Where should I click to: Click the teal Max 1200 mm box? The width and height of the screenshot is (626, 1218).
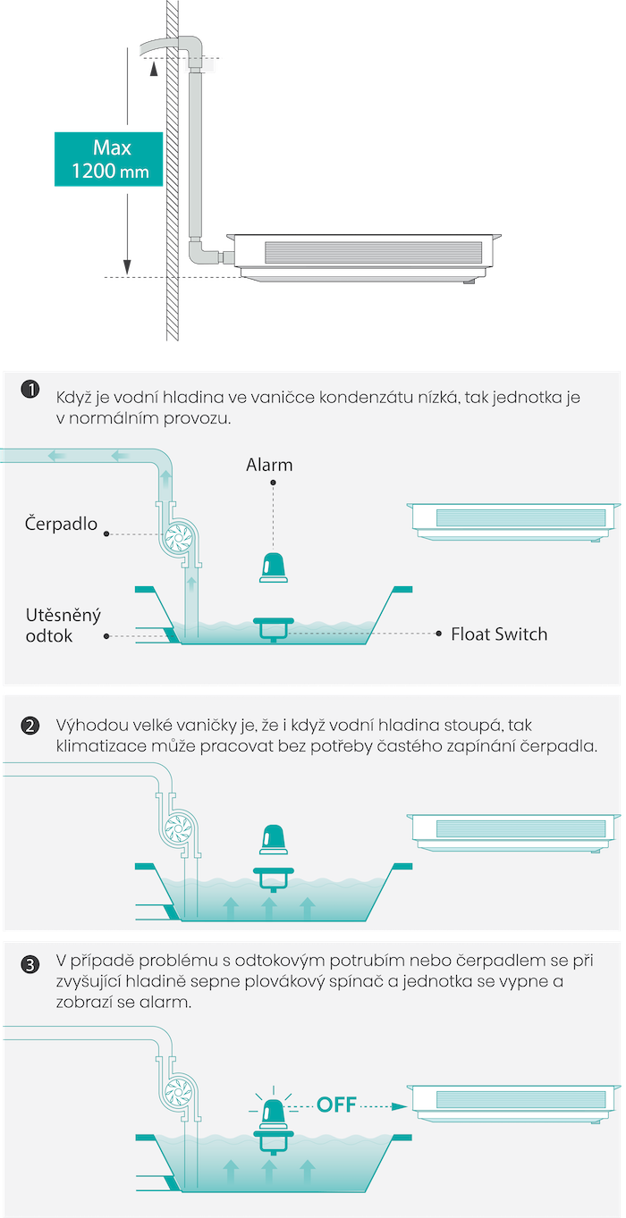108,159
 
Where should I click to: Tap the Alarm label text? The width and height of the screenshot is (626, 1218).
269,465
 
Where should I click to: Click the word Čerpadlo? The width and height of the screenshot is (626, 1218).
61,524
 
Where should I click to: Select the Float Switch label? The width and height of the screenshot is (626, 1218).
499,634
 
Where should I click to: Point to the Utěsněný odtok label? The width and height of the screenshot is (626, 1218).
63,626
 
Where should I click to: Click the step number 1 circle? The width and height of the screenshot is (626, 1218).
30,390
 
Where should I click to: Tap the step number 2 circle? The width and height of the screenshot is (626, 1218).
30,726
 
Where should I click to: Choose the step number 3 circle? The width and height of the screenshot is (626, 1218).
30,964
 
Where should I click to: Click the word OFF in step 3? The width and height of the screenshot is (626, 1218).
336,1105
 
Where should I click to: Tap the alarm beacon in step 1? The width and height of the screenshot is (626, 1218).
274,568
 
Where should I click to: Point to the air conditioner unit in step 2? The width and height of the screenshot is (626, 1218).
513,833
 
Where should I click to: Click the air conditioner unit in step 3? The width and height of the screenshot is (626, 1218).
513,1105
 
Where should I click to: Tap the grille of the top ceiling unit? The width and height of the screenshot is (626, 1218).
374,252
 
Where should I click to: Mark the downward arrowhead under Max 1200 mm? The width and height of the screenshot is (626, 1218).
127,267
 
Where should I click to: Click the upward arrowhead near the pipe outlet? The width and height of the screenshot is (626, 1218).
154,69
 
